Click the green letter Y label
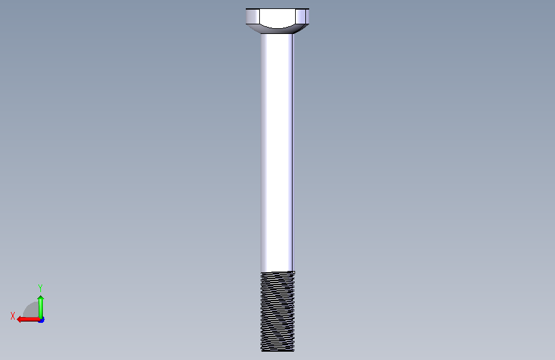coord(40,288)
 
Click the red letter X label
coord(13,316)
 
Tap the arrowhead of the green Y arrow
coord(41,298)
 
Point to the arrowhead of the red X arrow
coord(19,320)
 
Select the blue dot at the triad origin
coord(42,320)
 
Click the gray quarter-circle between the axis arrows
coord(32,310)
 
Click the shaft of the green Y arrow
coord(41,309)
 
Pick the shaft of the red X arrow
coord(29,320)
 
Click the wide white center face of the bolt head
coord(277,17)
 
